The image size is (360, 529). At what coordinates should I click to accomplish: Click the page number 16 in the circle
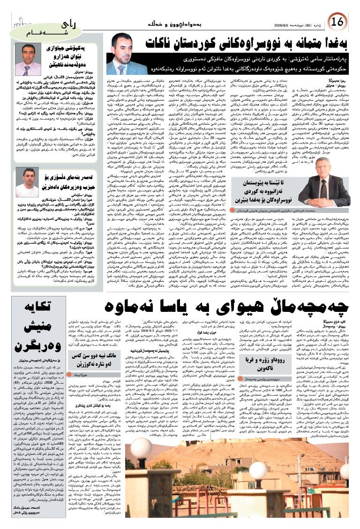[337, 22]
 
